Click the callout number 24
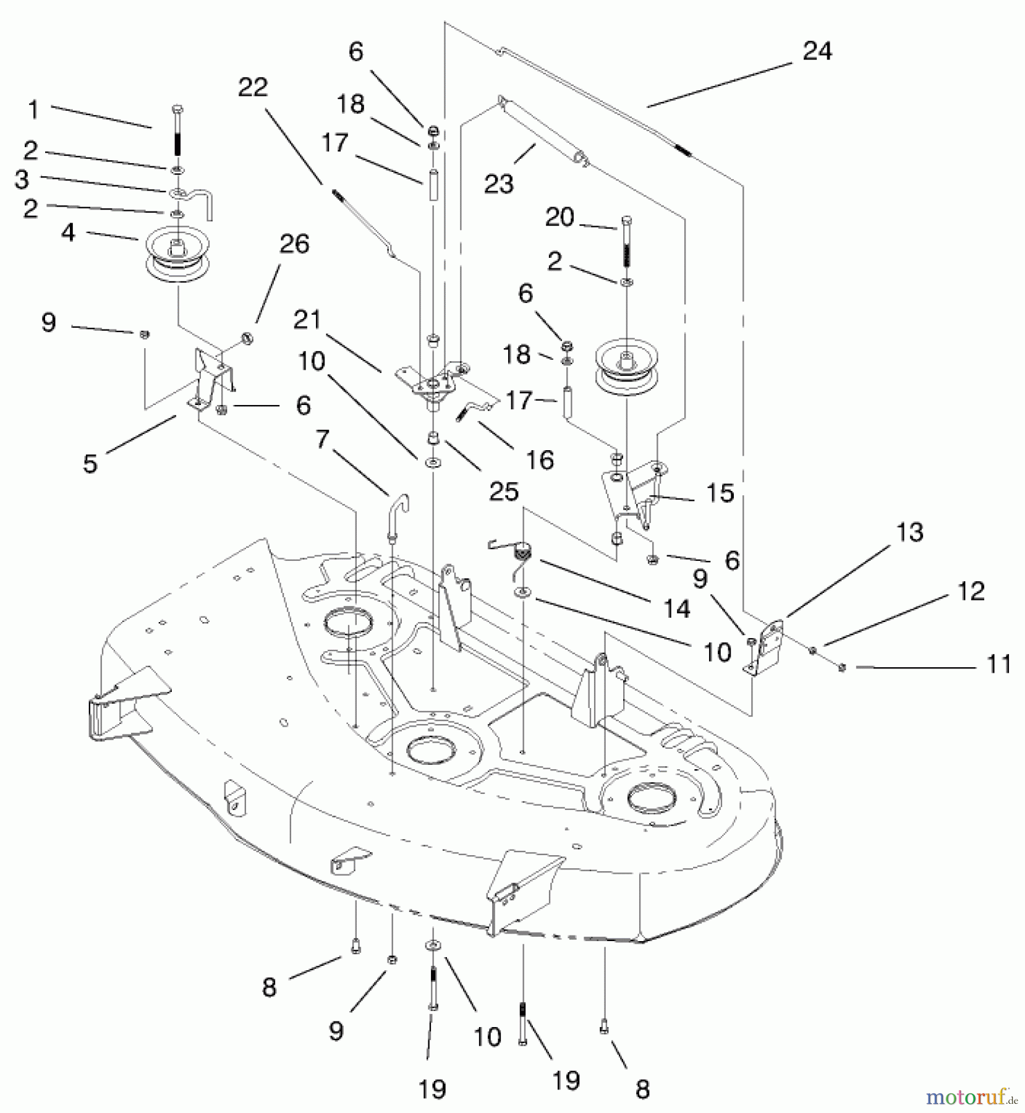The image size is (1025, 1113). pos(817,51)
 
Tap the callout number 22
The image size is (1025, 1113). pos(252,88)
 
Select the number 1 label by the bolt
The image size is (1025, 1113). pos(33,111)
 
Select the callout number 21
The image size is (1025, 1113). pos(307,320)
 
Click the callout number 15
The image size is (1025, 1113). pos(720,493)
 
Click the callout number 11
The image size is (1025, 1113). pos(999,664)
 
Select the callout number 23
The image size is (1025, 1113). pos(499,184)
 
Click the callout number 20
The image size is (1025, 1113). pos(559,217)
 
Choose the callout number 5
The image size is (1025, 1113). pos(90,463)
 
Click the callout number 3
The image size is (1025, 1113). pos(22,179)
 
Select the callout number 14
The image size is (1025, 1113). pos(676,608)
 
